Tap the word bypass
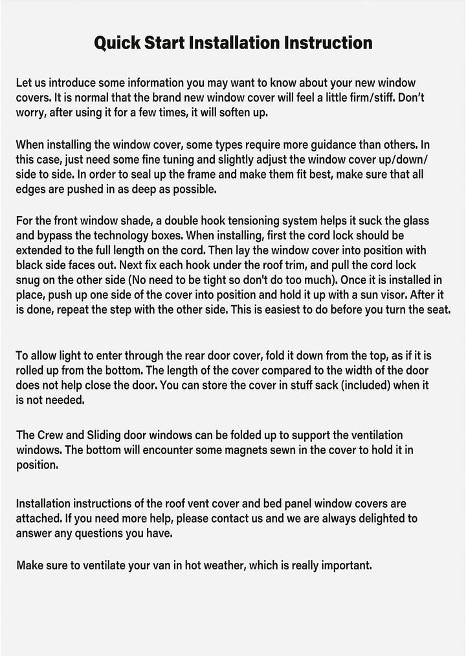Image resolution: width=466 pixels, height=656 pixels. (60, 236)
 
